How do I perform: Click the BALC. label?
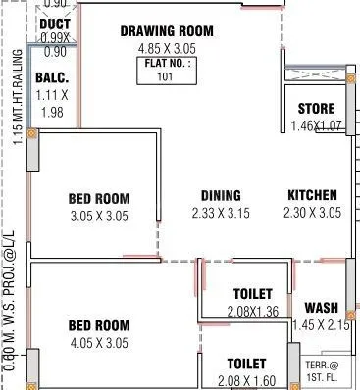50,78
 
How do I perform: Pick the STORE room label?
316,109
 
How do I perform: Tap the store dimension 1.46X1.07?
316,125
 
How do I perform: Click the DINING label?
221,196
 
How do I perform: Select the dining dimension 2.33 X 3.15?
221,213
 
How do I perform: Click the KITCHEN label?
312,196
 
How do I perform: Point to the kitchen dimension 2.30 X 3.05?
312,213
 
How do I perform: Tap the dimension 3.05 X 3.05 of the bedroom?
99,216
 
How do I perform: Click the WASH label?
321,307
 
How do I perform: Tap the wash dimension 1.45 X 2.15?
321,323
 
